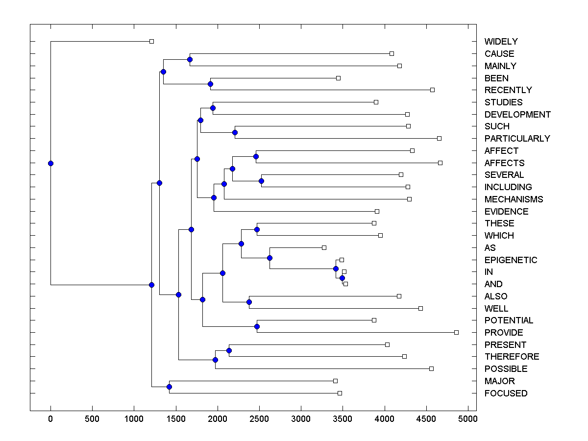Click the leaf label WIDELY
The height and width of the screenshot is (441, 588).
pos(501,42)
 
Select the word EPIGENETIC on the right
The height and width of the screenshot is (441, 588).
pos(511,260)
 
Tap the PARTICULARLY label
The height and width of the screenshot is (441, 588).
pos(517,139)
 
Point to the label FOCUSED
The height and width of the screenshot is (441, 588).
pos(506,393)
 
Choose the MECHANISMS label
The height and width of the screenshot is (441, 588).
pos(514,199)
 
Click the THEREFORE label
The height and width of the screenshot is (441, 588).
pos(512,357)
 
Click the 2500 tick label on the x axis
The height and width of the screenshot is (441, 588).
pos(259,418)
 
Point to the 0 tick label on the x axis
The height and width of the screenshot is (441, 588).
pos(50,418)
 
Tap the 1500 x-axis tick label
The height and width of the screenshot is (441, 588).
pos(176,418)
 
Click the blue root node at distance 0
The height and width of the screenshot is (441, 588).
pos(50,163)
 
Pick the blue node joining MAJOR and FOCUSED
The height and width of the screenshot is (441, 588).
pos(169,387)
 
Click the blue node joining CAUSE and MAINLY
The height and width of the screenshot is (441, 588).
pos(190,59)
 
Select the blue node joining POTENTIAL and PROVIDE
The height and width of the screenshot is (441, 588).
pos(257,326)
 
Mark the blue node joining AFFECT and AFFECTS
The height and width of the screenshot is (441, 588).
pos(256,157)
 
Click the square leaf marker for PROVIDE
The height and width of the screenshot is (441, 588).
pos(456,332)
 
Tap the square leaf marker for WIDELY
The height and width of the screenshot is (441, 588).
pos(151,42)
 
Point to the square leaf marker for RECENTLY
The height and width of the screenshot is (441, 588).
pos(432,90)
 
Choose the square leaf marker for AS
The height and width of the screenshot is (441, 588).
pos(324,247)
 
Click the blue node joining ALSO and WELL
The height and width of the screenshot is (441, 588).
pos(249,302)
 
